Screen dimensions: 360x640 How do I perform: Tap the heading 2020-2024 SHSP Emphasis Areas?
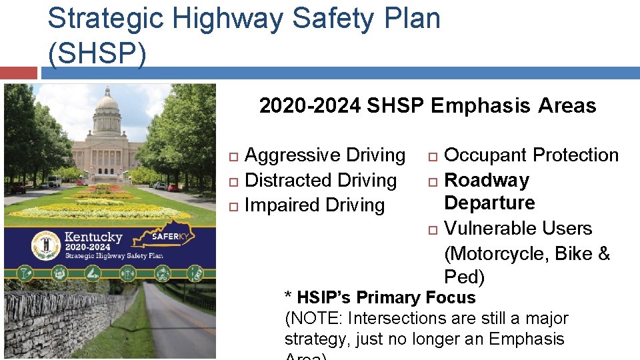427,105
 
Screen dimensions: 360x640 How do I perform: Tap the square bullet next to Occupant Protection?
432,156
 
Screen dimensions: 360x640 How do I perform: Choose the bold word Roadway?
486,180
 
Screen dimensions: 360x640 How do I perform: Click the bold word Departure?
489,203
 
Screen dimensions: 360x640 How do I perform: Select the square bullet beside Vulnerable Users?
432,229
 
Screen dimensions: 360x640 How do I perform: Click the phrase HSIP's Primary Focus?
386,297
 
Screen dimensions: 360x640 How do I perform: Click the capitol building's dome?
107,103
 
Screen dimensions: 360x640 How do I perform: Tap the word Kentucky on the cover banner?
93,237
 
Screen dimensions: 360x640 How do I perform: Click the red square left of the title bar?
18,72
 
